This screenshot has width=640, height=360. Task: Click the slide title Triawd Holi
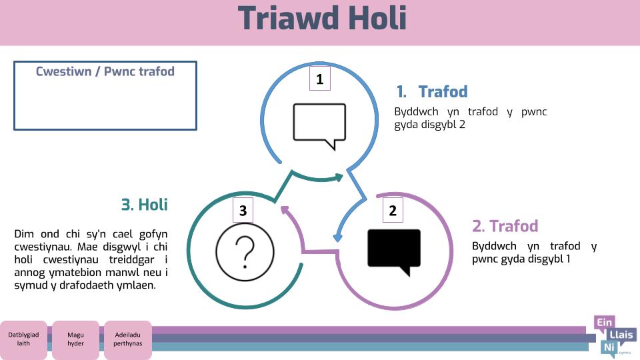point(322,19)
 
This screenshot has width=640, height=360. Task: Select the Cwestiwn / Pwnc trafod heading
point(105,71)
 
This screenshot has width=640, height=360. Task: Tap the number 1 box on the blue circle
point(319,79)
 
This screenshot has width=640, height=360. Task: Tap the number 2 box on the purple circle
point(393,210)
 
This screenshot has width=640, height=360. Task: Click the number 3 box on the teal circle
point(243,210)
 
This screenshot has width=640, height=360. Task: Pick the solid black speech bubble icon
point(394,252)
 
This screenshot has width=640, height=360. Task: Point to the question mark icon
point(245,252)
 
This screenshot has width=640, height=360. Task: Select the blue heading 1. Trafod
point(432,92)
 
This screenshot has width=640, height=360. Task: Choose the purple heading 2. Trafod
point(505,226)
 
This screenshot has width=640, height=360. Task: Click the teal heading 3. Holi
point(145,205)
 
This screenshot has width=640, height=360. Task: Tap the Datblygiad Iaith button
point(24,339)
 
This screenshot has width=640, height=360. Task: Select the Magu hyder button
point(75,339)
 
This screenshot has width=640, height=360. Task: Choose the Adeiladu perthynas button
point(128,339)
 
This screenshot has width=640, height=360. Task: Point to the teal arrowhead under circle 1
point(339,177)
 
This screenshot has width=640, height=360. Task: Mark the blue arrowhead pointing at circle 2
point(337,237)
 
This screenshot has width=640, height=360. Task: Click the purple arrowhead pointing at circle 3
point(285,210)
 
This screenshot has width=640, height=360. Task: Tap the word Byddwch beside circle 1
point(416,112)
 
